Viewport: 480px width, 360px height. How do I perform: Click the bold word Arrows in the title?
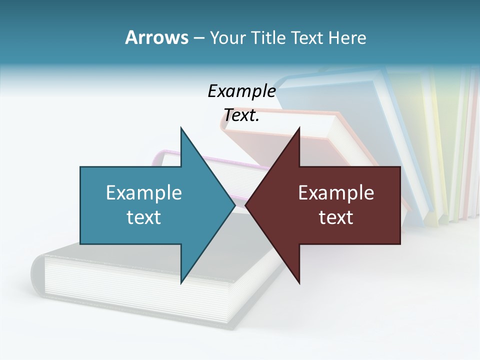click(x=156, y=37)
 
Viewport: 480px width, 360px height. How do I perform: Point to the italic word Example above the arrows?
click(x=241, y=91)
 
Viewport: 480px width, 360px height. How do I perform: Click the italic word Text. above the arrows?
click(x=241, y=115)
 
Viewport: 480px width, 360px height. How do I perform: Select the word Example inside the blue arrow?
click(x=144, y=193)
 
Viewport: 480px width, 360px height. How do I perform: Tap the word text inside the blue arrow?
click(x=144, y=217)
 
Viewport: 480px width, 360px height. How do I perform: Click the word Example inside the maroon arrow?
click(x=336, y=193)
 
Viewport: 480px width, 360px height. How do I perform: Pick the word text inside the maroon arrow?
click(x=336, y=217)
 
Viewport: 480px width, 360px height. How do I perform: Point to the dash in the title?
click(x=198, y=38)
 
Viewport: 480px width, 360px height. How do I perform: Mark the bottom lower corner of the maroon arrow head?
click(x=299, y=282)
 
